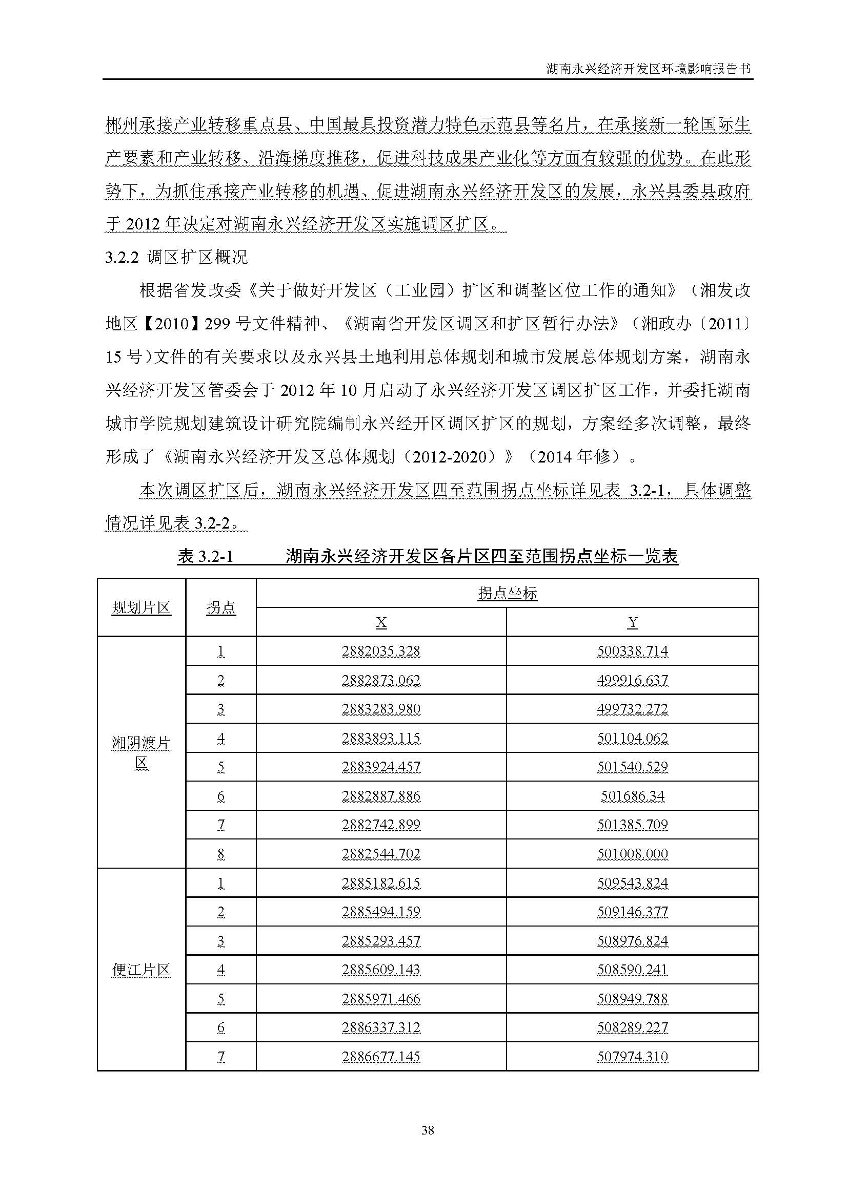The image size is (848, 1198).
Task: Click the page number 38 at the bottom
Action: pos(427,1130)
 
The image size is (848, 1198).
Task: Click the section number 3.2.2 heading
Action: pos(122,257)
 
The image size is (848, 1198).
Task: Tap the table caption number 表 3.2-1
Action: pos(205,557)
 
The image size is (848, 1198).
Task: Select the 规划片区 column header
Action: pos(141,608)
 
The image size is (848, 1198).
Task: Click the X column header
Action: pos(381,622)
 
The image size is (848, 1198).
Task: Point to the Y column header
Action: pos(632,622)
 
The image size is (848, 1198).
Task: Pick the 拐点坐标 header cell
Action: pos(507,593)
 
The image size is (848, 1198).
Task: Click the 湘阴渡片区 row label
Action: pos(141,753)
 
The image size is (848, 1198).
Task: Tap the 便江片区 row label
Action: pos(141,970)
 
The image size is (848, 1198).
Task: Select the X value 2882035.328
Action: pos(381,651)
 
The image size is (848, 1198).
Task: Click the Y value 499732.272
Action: pos(632,709)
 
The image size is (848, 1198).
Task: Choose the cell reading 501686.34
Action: pos(632,796)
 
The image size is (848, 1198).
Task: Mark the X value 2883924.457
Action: pos(381,767)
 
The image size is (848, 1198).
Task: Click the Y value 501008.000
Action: pos(632,854)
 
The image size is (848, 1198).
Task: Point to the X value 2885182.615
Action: pos(381,883)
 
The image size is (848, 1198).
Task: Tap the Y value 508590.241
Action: pos(632,970)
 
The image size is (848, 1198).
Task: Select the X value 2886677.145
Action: pos(381,1057)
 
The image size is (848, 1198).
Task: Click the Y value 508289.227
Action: pos(632,1027)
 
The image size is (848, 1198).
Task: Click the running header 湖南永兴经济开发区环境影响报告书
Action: pos(648,69)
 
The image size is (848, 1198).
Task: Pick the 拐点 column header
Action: pos(221,608)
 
